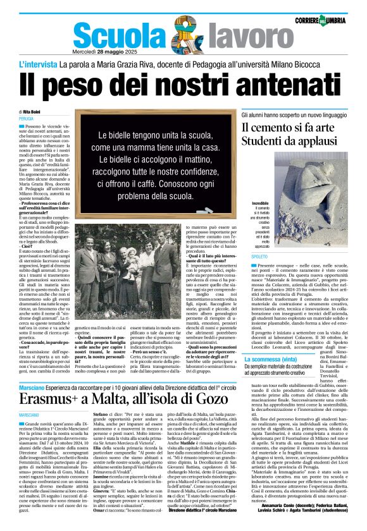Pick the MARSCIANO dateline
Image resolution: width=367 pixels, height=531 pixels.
(x=29, y=414)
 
